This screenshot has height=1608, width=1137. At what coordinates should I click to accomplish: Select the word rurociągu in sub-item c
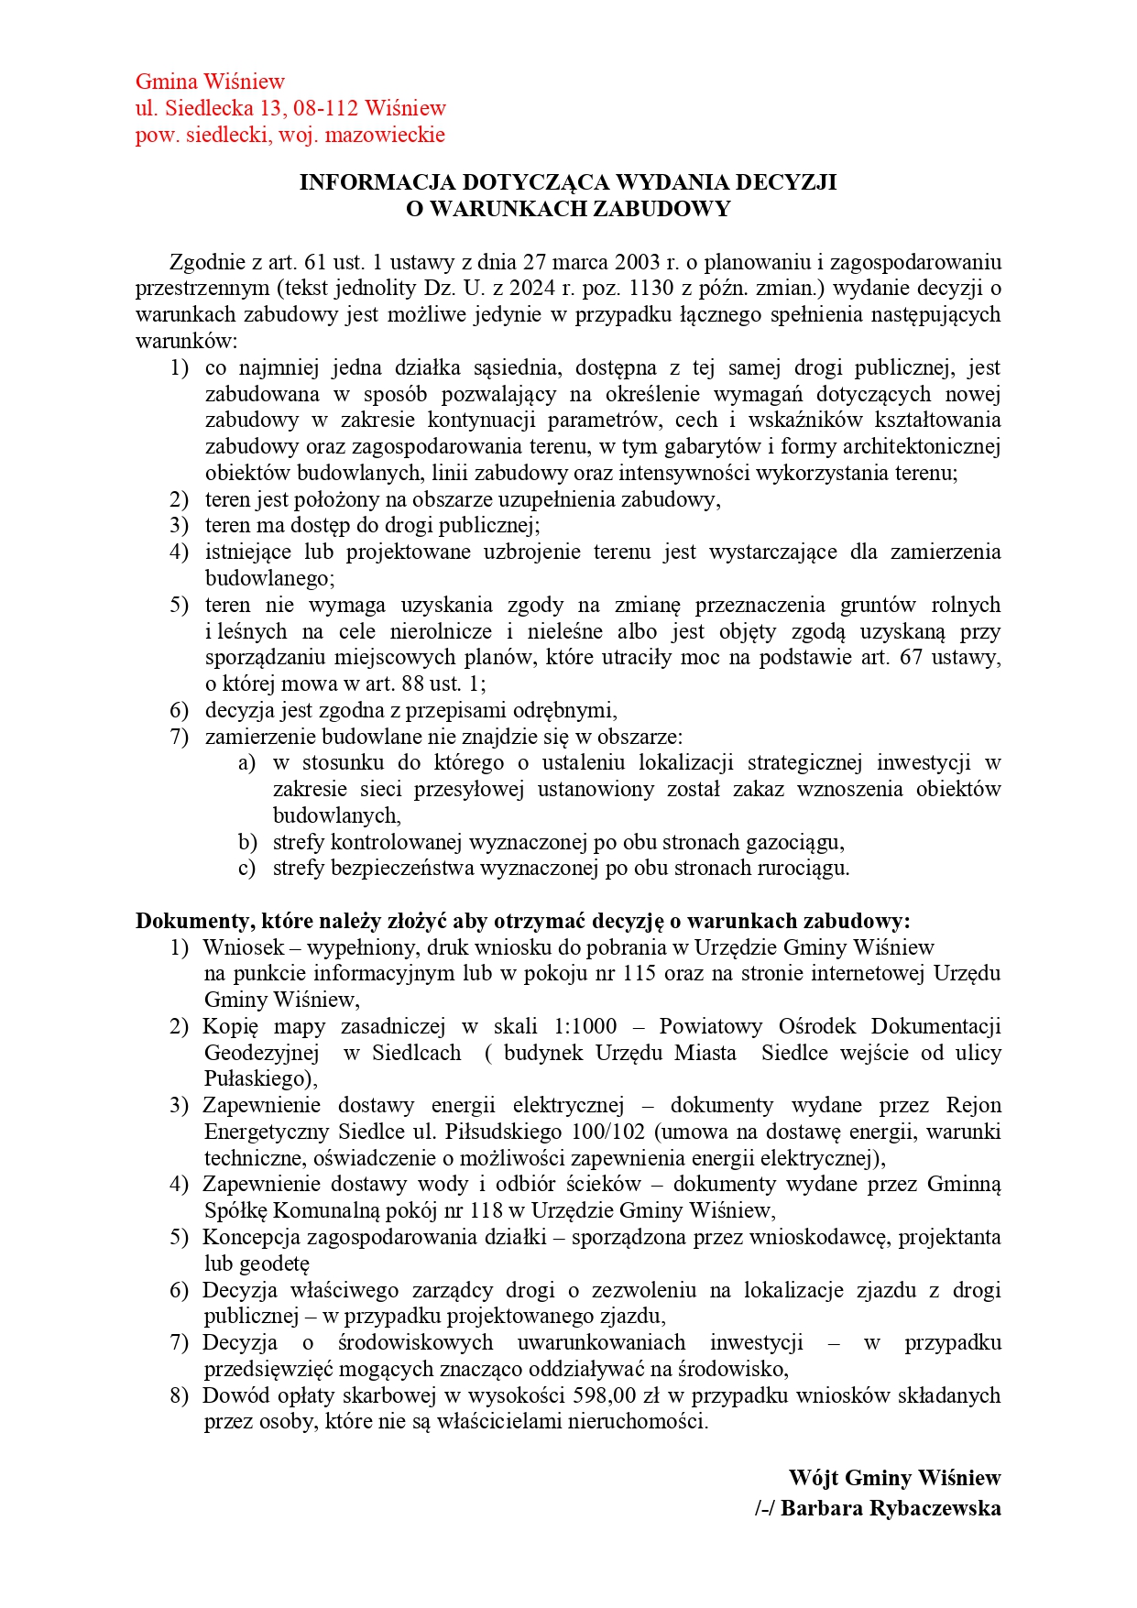pyautogui.click(x=804, y=869)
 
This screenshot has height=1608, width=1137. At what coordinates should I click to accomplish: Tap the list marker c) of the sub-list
pyautogui.click(x=246, y=869)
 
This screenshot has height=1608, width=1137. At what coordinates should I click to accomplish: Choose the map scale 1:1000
pyautogui.click(x=585, y=1026)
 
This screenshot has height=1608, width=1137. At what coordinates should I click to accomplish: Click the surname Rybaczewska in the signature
pyautogui.click(x=938, y=1509)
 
